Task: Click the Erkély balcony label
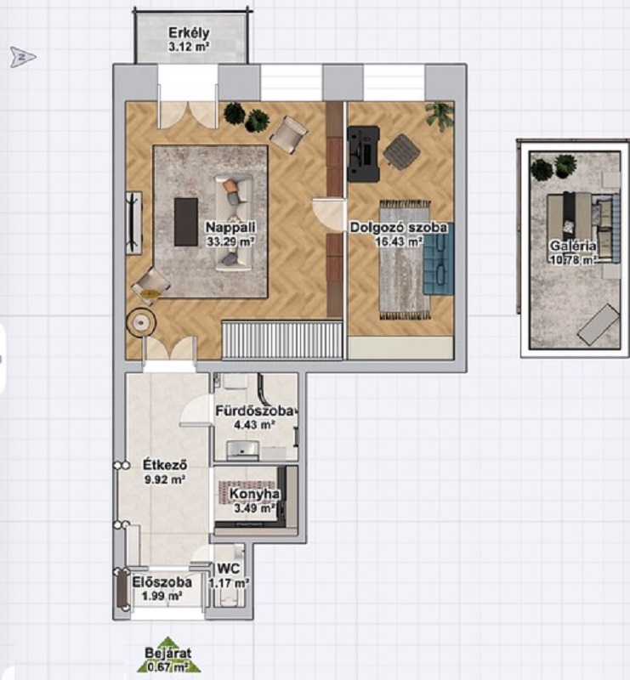point(189,33)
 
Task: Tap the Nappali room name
point(230,227)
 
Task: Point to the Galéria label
point(573,246)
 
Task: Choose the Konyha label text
point(254,494)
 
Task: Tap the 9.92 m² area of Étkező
point(164,479)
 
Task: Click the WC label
point(228,568)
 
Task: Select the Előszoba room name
point(162,582)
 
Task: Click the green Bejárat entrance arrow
point(168,654)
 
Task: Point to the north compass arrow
point(23,57)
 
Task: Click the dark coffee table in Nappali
point(186,222)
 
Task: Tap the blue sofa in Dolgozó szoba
point(439,259)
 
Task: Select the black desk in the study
point(364,154)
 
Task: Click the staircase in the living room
point(282,340)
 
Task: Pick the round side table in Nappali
point(141,322)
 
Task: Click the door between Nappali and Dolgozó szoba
point(328,214)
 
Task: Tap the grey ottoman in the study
point(401,152)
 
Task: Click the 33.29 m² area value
point(230,241)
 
